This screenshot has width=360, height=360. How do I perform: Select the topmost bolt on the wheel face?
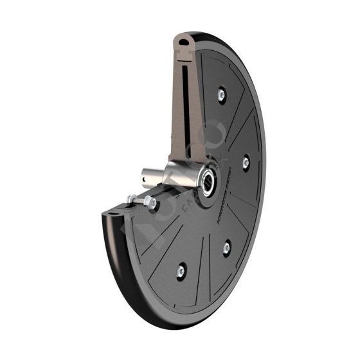(x=221, y=94)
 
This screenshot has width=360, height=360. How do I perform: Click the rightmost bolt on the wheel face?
(x=245, y=162)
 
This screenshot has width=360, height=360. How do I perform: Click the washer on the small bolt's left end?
(x=132, y=198)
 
